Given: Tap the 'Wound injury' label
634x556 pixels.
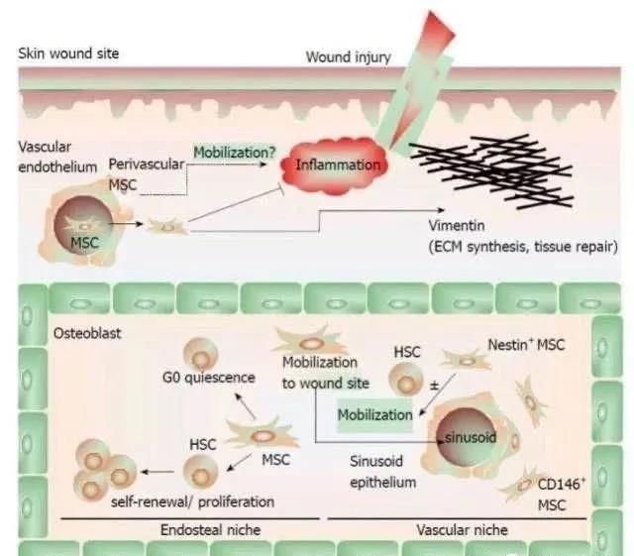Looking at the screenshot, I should click(x=348, y=56).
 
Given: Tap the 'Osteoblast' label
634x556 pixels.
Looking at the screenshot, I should click(x=86, y=333).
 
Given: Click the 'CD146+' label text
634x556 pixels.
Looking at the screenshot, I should click(x=559, y=485).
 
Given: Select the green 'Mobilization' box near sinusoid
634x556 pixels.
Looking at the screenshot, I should click(x=373, y=414).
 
